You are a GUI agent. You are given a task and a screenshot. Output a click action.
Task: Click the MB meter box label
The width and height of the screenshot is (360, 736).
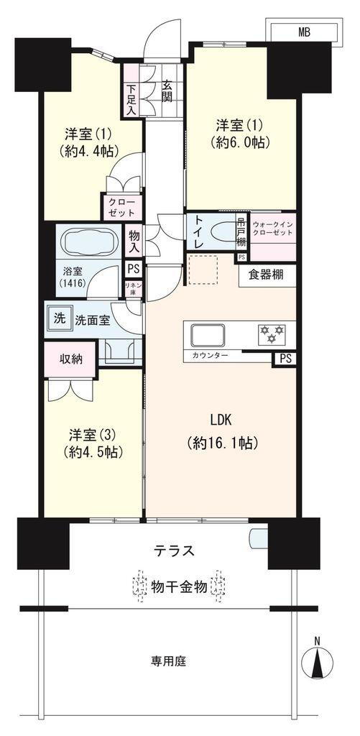(304, 32)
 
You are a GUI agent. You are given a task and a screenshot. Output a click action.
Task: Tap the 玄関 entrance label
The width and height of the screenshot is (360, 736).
(167, 91)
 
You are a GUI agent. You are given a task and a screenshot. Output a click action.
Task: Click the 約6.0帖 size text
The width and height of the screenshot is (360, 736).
(241, 142)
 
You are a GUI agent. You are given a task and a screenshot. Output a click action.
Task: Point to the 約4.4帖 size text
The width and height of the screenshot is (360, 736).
(88, 150)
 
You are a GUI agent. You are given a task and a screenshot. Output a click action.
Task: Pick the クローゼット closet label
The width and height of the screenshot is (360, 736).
(122, 207)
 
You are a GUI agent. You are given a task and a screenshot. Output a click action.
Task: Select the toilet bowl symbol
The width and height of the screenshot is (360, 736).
(223, 233)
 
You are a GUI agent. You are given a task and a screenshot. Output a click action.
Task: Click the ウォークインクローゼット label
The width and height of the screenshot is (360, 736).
(272, 228)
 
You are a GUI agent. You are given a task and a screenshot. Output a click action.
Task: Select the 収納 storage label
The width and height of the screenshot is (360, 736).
(71, 359)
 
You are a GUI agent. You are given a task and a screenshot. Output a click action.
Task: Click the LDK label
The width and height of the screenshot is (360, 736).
(222, 420)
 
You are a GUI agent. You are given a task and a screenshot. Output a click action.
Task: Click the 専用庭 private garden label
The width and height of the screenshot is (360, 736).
(168, 662)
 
